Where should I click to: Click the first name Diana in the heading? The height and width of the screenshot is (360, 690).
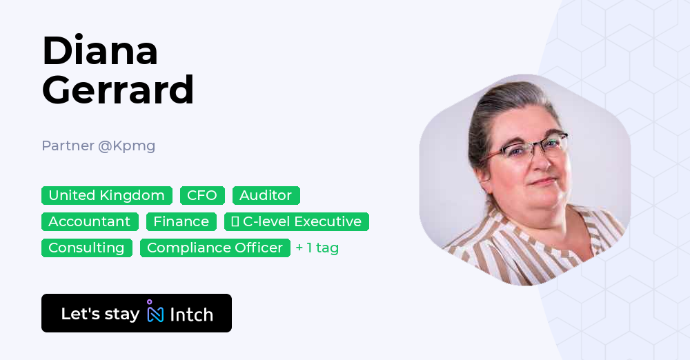pyautogui.click(x=100, y=51)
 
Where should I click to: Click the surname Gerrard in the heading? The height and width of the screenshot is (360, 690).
pyautogui.click(x=118, y=90)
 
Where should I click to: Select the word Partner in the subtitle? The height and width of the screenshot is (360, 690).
pyautogui.click(x=67, y=146)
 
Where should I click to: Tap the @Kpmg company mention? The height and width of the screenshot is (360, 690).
pyautogui.click(x=126, y=146)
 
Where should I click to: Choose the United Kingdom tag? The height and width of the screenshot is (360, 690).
pyautogui.click(x=107, y=195)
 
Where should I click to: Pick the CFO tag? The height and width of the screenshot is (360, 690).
pyautogui.click(x=202, y=195)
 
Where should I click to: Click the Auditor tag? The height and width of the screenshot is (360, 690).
pyautogui.click(x=266, y=195)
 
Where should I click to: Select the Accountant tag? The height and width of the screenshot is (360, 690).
pyautogui.click(x=90, y=221)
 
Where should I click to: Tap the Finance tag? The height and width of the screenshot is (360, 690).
pyautogui.click(x=181, y=221)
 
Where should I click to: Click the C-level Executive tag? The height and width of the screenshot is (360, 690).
pyautogui.click(x=297, y=221)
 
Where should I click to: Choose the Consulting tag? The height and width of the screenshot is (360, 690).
pyautogui.click(x=86, y=248)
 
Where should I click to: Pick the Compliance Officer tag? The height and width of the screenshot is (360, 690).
pyautogui.click(x=215, y=248)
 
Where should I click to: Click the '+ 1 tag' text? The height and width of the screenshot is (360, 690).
pyautogui.click(x=317, y=248)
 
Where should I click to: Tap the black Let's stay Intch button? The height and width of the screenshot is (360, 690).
pyautogui.click(x=137, y=313)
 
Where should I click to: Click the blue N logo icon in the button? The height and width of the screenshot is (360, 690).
pyautogui.click(x=155, y=313)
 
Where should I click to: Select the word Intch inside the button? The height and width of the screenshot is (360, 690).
pyautogui.click(x=191, y=314)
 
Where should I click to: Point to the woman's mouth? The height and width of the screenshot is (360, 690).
pyautogui.click(x=544, y=183)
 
